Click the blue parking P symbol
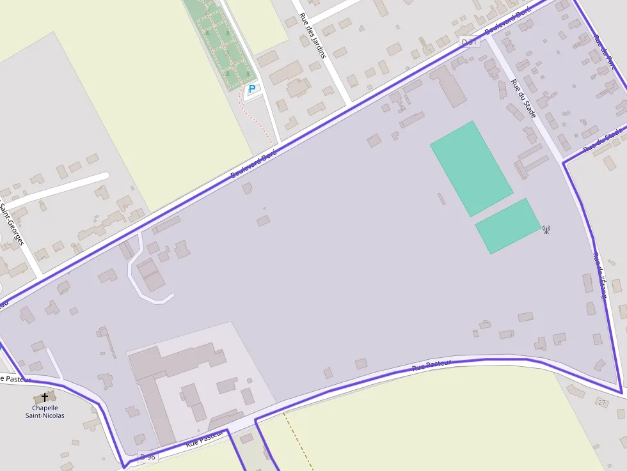251,89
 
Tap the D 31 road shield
470,42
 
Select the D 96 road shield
147,456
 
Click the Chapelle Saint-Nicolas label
45,412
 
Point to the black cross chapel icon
45,398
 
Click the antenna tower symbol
546,229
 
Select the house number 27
601,403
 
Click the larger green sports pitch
472,168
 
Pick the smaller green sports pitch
508,226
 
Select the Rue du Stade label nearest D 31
523,98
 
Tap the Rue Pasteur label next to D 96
205,438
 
